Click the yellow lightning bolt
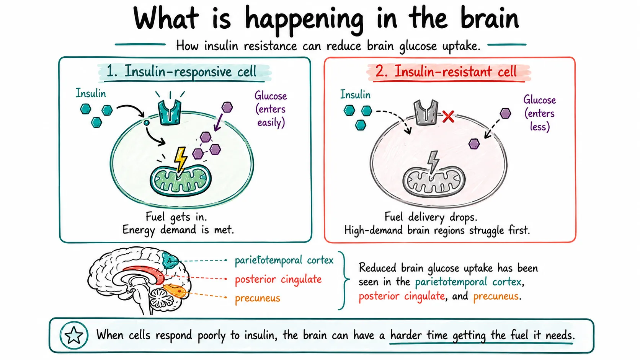click(x=181, y=160)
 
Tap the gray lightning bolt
click(x=433, y=162)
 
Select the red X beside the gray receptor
click(x=448, y=117)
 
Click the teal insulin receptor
click(x=170, y=112)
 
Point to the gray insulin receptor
click(x=426, y=112)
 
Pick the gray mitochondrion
click(x=434, y=181)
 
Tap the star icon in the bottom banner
click(x=74, y=335)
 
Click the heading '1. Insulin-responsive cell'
click(x=181, y=72)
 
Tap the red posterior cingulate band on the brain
click(x=146, y=273)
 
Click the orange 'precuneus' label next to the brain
click(x=258, y=298)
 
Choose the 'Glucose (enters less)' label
click(x=540, y=113)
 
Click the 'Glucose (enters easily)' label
click(x=271, y=109)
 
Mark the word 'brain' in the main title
click(x=490, y=19)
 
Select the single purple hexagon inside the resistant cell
click(x=474, y=144)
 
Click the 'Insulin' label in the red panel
click(x=355, y=94)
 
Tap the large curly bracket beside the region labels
click(x=344, y=280)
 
